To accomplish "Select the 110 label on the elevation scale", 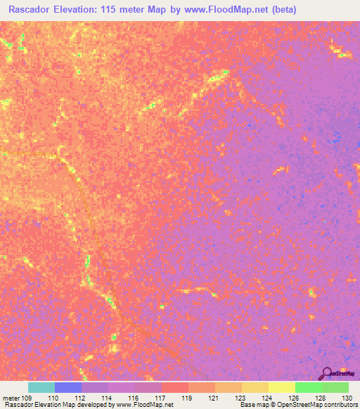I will coord(53,397).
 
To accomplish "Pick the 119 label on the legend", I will coord(186,397).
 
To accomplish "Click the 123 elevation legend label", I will coord(239,397).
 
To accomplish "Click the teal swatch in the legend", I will coord(41,387).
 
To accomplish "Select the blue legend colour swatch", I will coord(68,387).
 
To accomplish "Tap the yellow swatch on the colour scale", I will coord(281,387).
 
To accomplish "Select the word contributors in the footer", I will coord(339,405).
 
